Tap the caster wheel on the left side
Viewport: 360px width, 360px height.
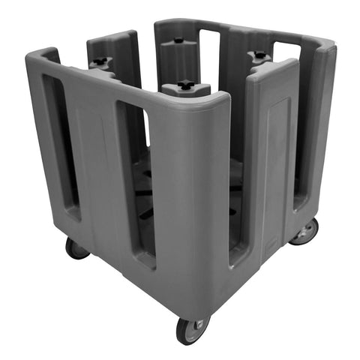75,247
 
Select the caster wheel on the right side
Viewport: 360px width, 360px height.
304,232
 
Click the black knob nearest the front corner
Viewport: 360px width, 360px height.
186,84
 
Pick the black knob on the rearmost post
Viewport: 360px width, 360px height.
178,40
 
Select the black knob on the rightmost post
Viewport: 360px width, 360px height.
259,55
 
